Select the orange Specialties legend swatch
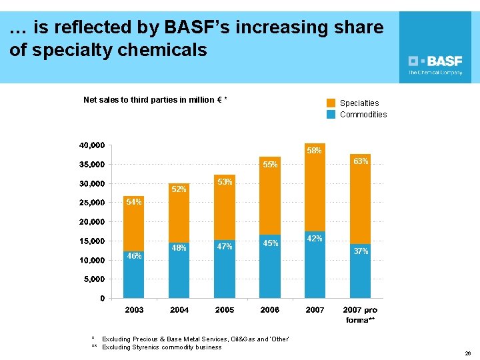(x=331, y=103)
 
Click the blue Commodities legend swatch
(x=331, y=114)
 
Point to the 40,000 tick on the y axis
(x=91, y=145)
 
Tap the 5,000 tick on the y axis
(x=93, y=279)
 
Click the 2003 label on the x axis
(x=134, y=310)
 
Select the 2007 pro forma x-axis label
(x=360, y=315)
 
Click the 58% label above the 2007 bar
(x=315, y=151)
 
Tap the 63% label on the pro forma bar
(x=361, y=161)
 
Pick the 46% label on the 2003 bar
(x=134, y=256)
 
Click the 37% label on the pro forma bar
(x=361, y=251)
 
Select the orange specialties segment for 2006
(x=270, y=200)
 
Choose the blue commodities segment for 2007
(x=315, y=267)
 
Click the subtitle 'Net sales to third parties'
(x=155, y=100)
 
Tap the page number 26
(x=467, y=353)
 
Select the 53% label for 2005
(x=225, y=182)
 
